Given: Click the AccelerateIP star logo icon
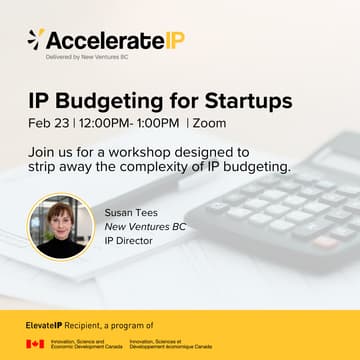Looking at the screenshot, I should pos(36,40).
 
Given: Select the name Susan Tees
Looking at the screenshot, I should pos(132,212).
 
